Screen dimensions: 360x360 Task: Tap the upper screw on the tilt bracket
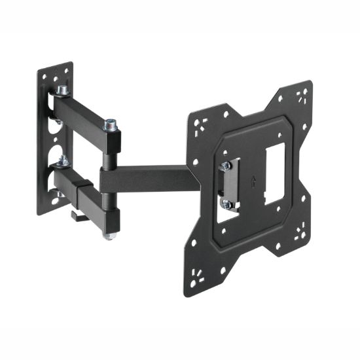226,166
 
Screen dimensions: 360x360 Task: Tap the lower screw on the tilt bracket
226,204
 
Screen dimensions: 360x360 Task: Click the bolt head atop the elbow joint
111,123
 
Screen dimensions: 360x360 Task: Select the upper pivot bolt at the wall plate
63,90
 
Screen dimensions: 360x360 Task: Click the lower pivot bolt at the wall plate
63,160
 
